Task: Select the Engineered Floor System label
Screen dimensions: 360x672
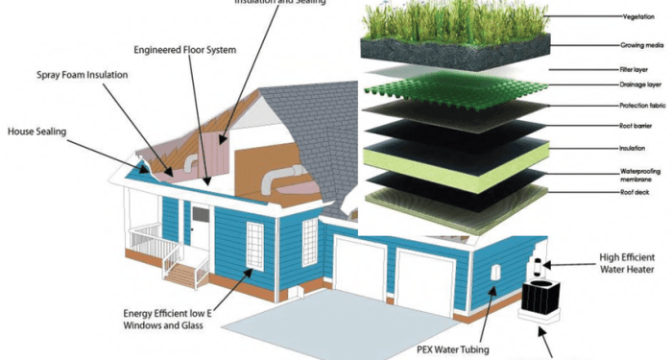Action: click(x=185, y=48)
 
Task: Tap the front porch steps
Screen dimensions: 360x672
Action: click(x=180, y=274)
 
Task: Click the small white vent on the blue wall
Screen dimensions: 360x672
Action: click(x=496, y=274)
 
